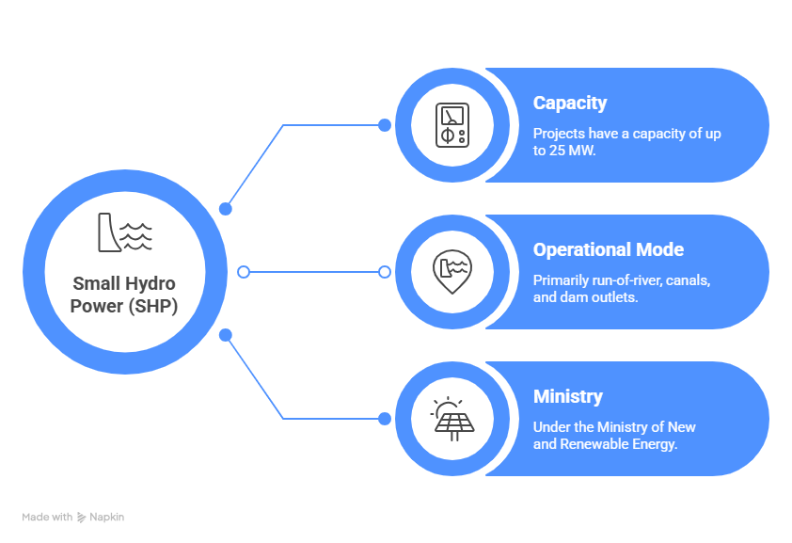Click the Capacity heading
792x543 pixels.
pos(570,103)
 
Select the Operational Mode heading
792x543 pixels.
pos(609,249)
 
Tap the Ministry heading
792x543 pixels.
pos(568,396)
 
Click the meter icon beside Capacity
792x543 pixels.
pos(452,125)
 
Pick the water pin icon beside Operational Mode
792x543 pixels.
pos(452,271)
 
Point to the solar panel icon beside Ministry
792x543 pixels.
pos(452,418)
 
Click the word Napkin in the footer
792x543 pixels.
pos(107,517)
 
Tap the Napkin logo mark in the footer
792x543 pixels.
pos(82,517)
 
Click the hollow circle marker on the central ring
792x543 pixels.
pos(244,272)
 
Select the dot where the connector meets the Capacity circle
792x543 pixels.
pos(384,125)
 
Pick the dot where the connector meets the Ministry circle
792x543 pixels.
pos(384,418)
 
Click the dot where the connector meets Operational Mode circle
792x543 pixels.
pos(384,272)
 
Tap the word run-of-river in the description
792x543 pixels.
pos(632,279)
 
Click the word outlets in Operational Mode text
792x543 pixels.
pos(615,296)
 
